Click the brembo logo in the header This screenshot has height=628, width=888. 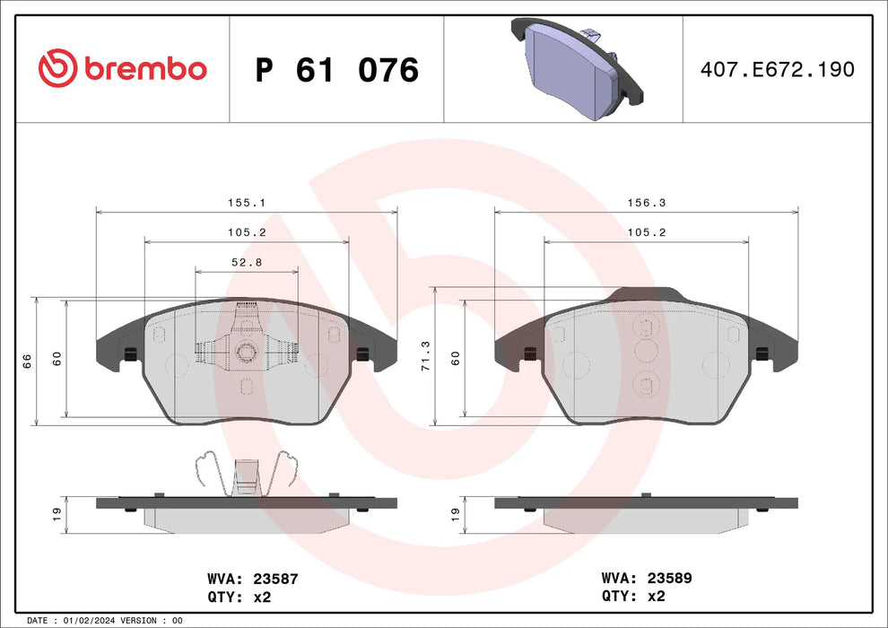click(x=123, y=67)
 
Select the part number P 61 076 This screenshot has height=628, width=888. click(x=336, y=70)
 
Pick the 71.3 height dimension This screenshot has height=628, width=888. click(x=426, y=355)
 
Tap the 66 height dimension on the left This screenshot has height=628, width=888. click(x=27, y=360)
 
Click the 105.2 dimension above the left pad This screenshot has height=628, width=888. click(x=247, y=232)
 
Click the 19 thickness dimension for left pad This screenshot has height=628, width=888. click(x=57, y=513)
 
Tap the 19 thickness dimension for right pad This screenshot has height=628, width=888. click(x=456, y=513)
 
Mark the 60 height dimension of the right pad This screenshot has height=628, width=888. click(x=456, y=358)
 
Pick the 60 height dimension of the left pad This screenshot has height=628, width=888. click(x=57, y=358)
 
